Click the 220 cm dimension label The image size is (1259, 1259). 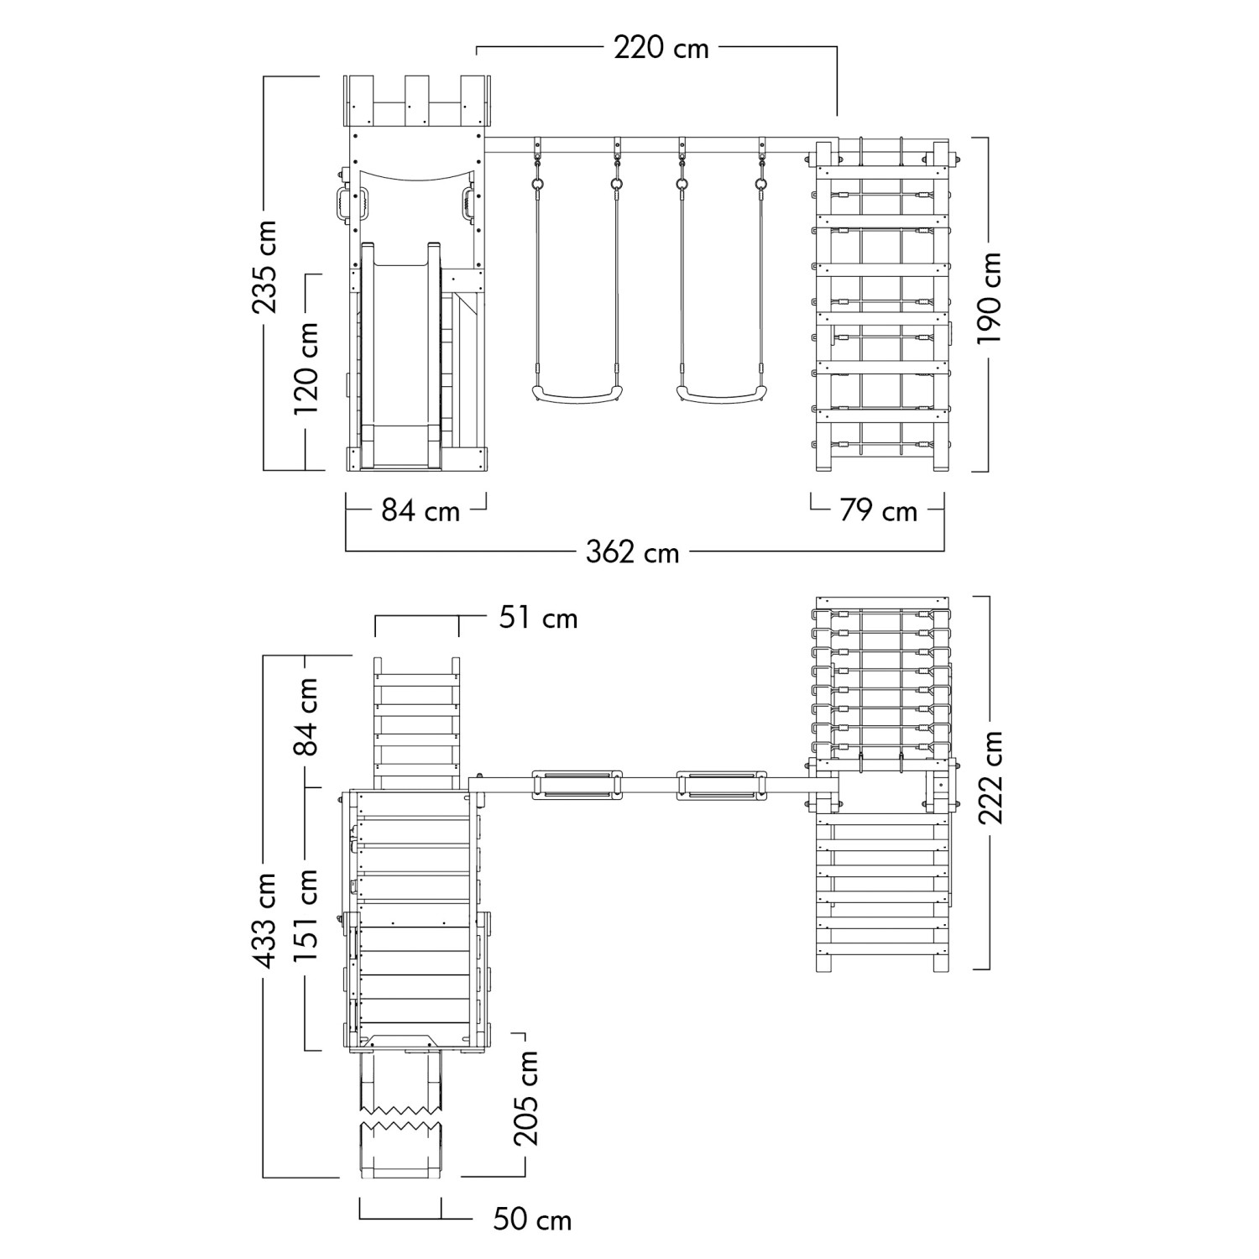click(x=661, y=48)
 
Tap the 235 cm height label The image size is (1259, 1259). click(x=266, y=267)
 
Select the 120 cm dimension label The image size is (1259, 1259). click(x=306, y=368)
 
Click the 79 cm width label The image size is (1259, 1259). click(x=879, y=510)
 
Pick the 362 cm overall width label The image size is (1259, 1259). click(x=632, y=552)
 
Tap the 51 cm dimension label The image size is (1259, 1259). click(x=539, y=618)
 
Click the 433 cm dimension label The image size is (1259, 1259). click(x=266, y=921)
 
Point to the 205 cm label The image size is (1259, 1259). click(x=526, y=1098)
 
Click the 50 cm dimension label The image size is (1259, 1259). click(x=532, y=1220)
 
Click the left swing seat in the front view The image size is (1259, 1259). click(x=579, y=393)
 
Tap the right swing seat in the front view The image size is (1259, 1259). click(x=722, y=393)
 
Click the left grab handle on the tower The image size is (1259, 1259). click(x=342, y=205)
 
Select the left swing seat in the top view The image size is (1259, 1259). click(x=575, y=784)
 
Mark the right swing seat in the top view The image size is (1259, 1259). click(x=722, y=784)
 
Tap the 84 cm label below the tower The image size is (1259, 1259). click(x=421, y=510)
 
